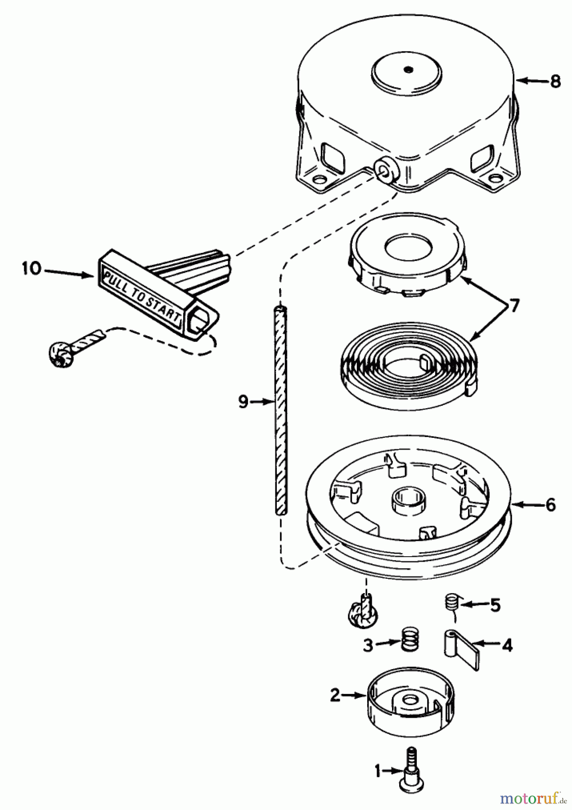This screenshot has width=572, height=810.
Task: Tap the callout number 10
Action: coord(32,269)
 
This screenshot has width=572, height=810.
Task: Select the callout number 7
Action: coord(513,307)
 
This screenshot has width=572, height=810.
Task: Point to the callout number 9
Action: coord(243,401)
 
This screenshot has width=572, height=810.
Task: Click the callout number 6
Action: coord(550,505)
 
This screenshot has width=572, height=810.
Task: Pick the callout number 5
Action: coord(495,606)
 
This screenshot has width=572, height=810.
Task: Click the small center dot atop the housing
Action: coord(408,69)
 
